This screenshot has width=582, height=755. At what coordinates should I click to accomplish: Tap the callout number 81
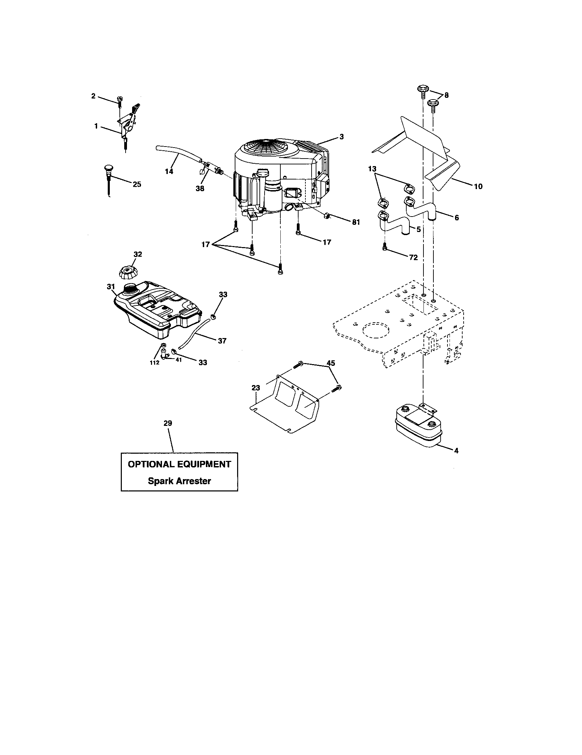point(356,222)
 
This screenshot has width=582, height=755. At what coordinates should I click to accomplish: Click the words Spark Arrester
point(179,481)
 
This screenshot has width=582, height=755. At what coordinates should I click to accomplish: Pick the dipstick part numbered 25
point(108,180)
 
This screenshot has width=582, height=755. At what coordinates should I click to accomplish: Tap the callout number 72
point(414,257)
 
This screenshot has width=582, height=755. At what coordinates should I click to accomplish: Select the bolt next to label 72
point(385,247)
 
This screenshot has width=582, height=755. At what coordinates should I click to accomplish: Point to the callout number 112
point(154,363)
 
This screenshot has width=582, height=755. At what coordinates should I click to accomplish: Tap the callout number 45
point(331,363)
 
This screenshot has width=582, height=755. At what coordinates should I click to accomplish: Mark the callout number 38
point(200,188)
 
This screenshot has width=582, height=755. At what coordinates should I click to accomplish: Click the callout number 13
point(372,169)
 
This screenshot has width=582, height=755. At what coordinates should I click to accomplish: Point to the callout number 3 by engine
point(341,137)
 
